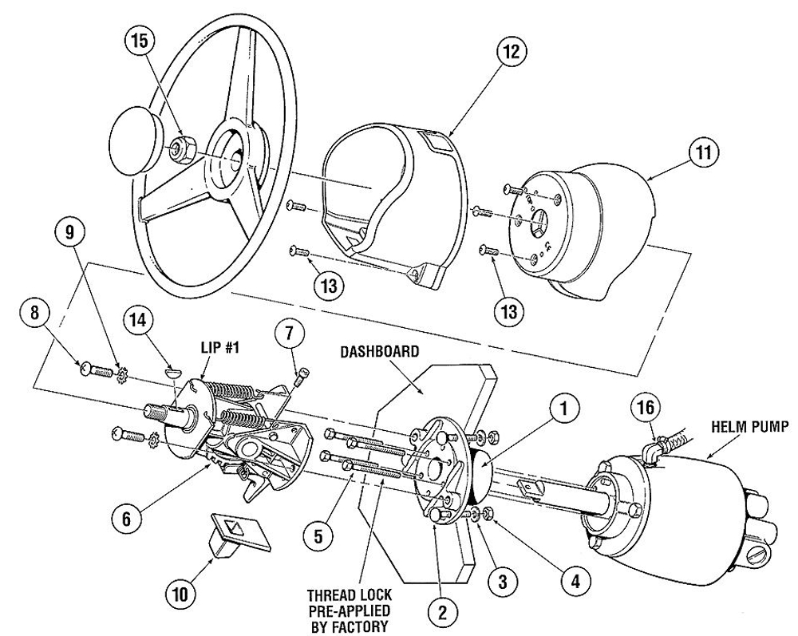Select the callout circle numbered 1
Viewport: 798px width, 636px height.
(563, 409)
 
